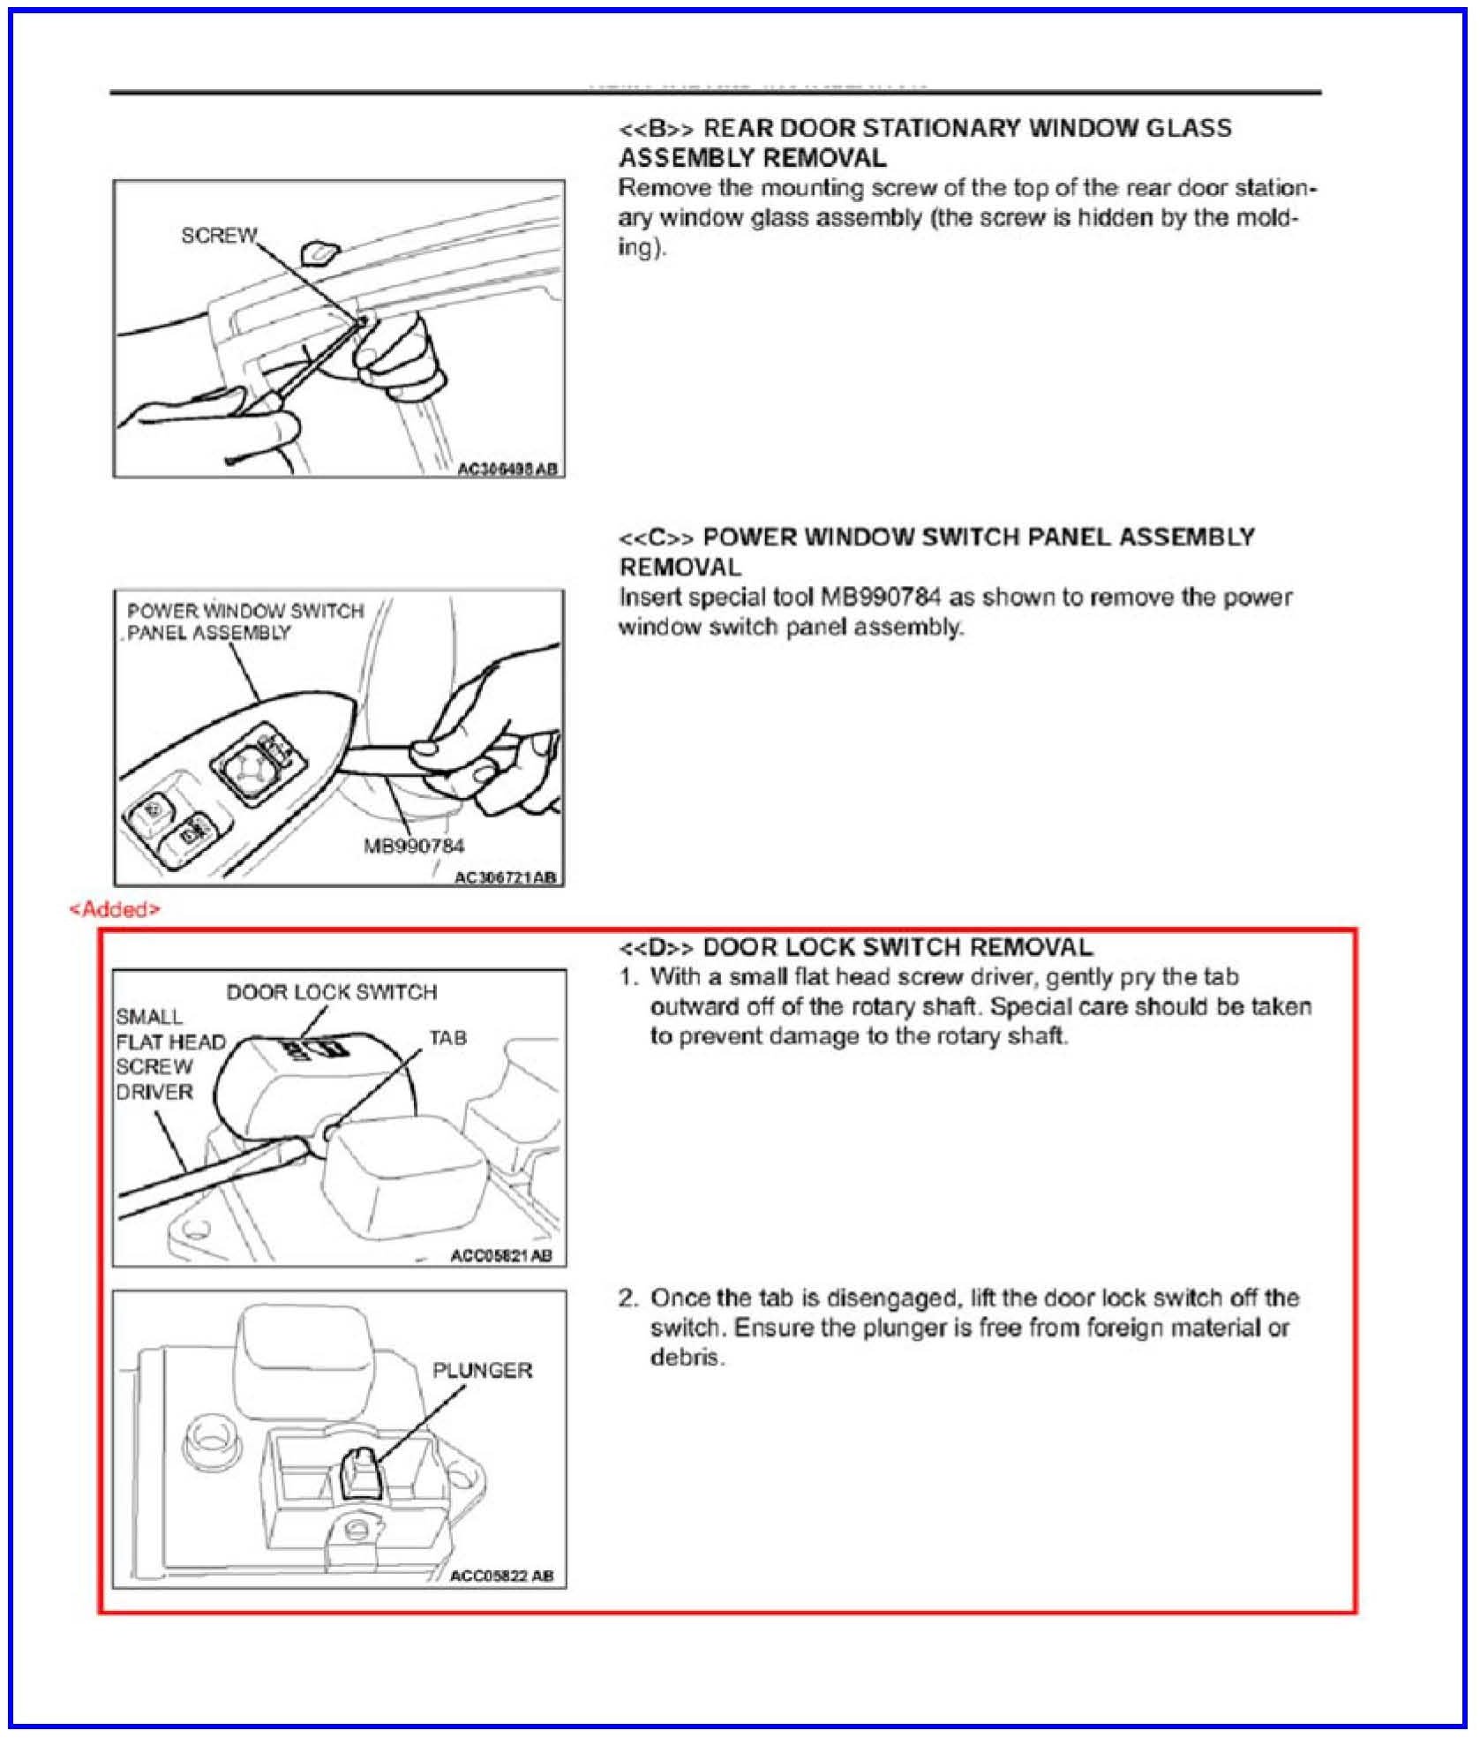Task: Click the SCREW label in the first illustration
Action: tap(219, 236)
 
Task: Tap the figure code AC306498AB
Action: tap(507, 469)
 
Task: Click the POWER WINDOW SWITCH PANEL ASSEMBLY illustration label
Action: tap(244, 621)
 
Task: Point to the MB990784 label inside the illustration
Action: tap(414, 846)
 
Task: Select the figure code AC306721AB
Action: tap(505, 877)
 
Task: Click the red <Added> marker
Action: tap(115, 909)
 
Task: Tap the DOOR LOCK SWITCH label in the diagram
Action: tap(332, 992)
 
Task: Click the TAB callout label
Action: tap(447, 1038)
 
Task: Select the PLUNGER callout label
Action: tap(482, 1371)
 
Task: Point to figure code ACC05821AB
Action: tap(501, 1256)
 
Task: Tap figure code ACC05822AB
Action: tap(501, 1576)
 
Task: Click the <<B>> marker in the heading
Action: tap(656, 129)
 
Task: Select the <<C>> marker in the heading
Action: tap(656, 538)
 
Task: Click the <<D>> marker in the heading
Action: tap(656, 948)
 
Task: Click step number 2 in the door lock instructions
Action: tap(627, 1298)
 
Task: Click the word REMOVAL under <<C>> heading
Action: tap(680, 567)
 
